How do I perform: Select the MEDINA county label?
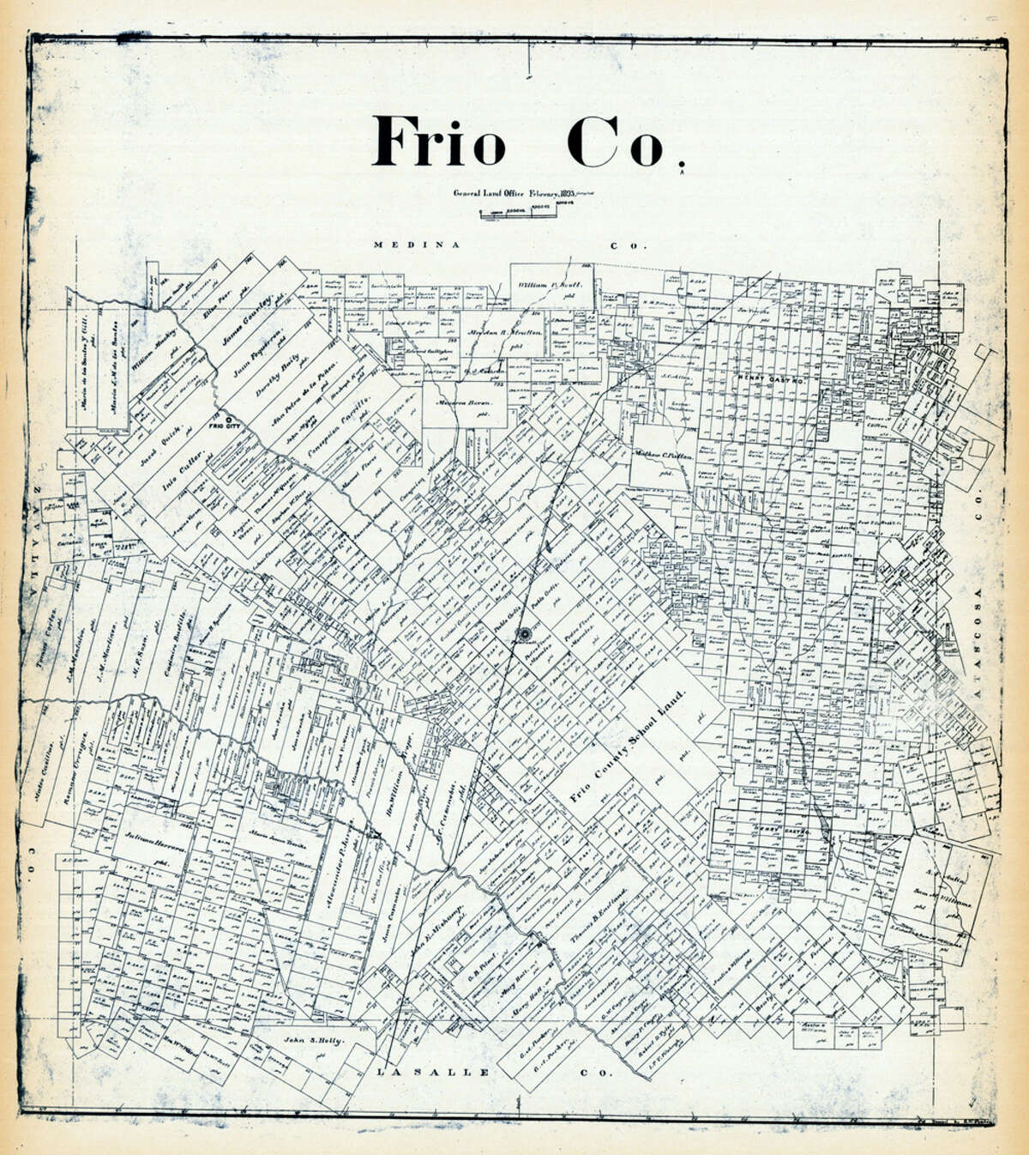point(408,245)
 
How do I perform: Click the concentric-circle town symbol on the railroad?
point(521,634)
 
